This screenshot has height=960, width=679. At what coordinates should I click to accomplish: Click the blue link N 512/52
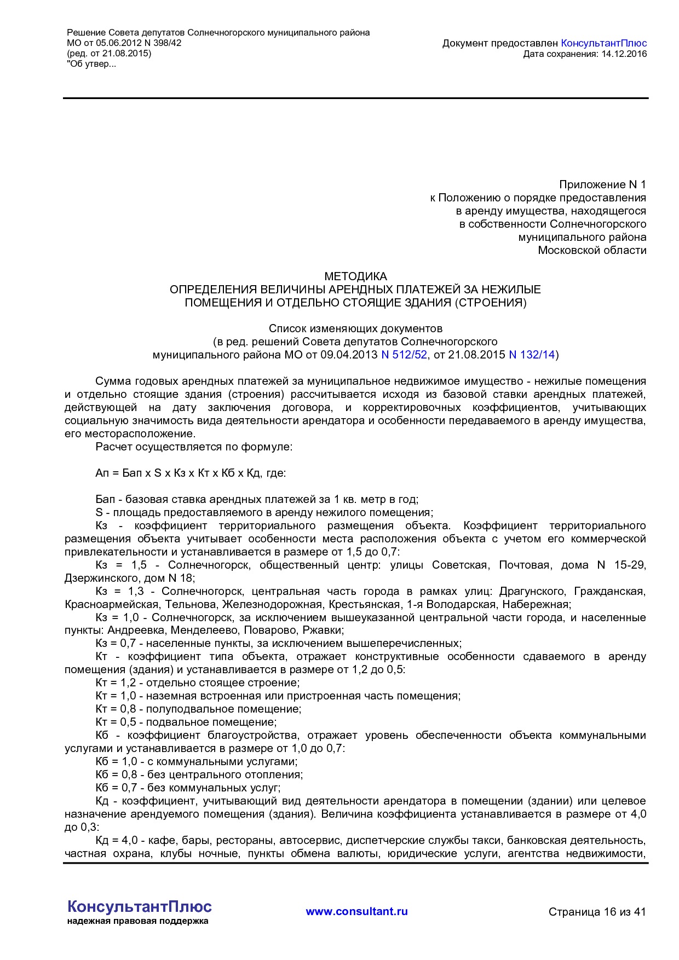404,355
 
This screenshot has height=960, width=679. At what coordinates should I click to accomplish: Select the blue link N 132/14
532,355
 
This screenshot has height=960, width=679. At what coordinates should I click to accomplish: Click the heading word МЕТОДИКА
355,276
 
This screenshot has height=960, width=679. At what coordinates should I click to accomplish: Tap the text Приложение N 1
602,184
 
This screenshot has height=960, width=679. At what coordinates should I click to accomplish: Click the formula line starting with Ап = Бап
191,473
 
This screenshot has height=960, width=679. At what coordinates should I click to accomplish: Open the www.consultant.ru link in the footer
356,911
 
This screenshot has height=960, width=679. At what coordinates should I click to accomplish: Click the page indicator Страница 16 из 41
597,912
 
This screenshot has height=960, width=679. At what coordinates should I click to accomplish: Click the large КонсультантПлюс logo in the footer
139,906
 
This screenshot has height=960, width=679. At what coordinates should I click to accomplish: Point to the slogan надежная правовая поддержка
137,921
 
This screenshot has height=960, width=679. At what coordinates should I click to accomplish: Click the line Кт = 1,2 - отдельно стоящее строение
197,683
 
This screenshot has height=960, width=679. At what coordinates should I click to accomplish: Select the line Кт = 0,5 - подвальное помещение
186,722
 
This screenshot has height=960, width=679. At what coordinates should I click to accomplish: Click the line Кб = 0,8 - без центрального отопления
199,774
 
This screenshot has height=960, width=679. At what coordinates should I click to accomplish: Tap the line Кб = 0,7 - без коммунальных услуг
188,788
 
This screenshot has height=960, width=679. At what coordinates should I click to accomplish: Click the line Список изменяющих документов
355,328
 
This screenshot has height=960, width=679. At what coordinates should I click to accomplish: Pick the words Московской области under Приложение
591,250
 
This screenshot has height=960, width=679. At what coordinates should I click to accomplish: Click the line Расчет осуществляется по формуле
194,447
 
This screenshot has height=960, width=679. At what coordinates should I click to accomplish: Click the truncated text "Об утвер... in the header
91,64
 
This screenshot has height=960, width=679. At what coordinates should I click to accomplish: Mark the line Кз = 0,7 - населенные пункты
278,643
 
